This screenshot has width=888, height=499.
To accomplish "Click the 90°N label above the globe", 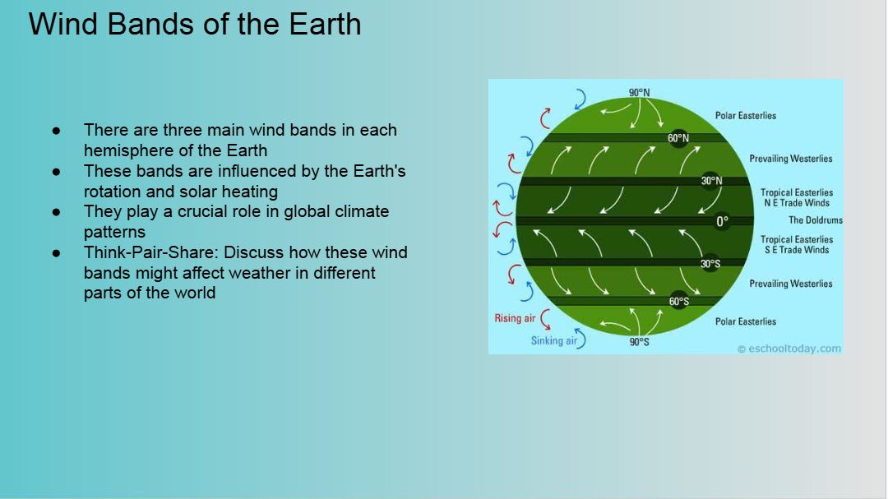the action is [640, 92].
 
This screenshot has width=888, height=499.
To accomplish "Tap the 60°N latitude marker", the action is [678, 138].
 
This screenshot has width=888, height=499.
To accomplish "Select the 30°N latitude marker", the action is [711, 181].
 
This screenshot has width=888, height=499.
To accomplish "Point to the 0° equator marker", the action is [722, 221].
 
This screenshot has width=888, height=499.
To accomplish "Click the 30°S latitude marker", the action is [710, 264].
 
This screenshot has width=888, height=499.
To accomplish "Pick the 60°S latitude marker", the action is [679, 302].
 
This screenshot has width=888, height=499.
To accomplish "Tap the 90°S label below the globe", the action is [640, 342].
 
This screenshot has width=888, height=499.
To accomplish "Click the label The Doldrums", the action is [816, 219].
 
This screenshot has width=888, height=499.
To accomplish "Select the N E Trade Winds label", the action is [797, 203].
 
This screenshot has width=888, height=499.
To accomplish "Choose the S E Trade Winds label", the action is [797, 250].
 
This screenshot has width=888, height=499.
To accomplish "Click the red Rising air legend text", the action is [515, 318].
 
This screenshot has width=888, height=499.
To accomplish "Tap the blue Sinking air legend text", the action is [554, 340].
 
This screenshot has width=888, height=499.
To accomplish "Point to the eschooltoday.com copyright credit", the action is [789, 349].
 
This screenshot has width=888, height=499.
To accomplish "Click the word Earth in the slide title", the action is [325, 25].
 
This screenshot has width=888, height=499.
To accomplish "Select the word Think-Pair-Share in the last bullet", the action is [151, 252].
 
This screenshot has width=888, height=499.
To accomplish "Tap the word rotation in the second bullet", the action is [113, 192].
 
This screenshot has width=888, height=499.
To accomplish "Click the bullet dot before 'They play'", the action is [56, 212].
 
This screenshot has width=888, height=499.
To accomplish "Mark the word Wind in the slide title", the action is [62, 25].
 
